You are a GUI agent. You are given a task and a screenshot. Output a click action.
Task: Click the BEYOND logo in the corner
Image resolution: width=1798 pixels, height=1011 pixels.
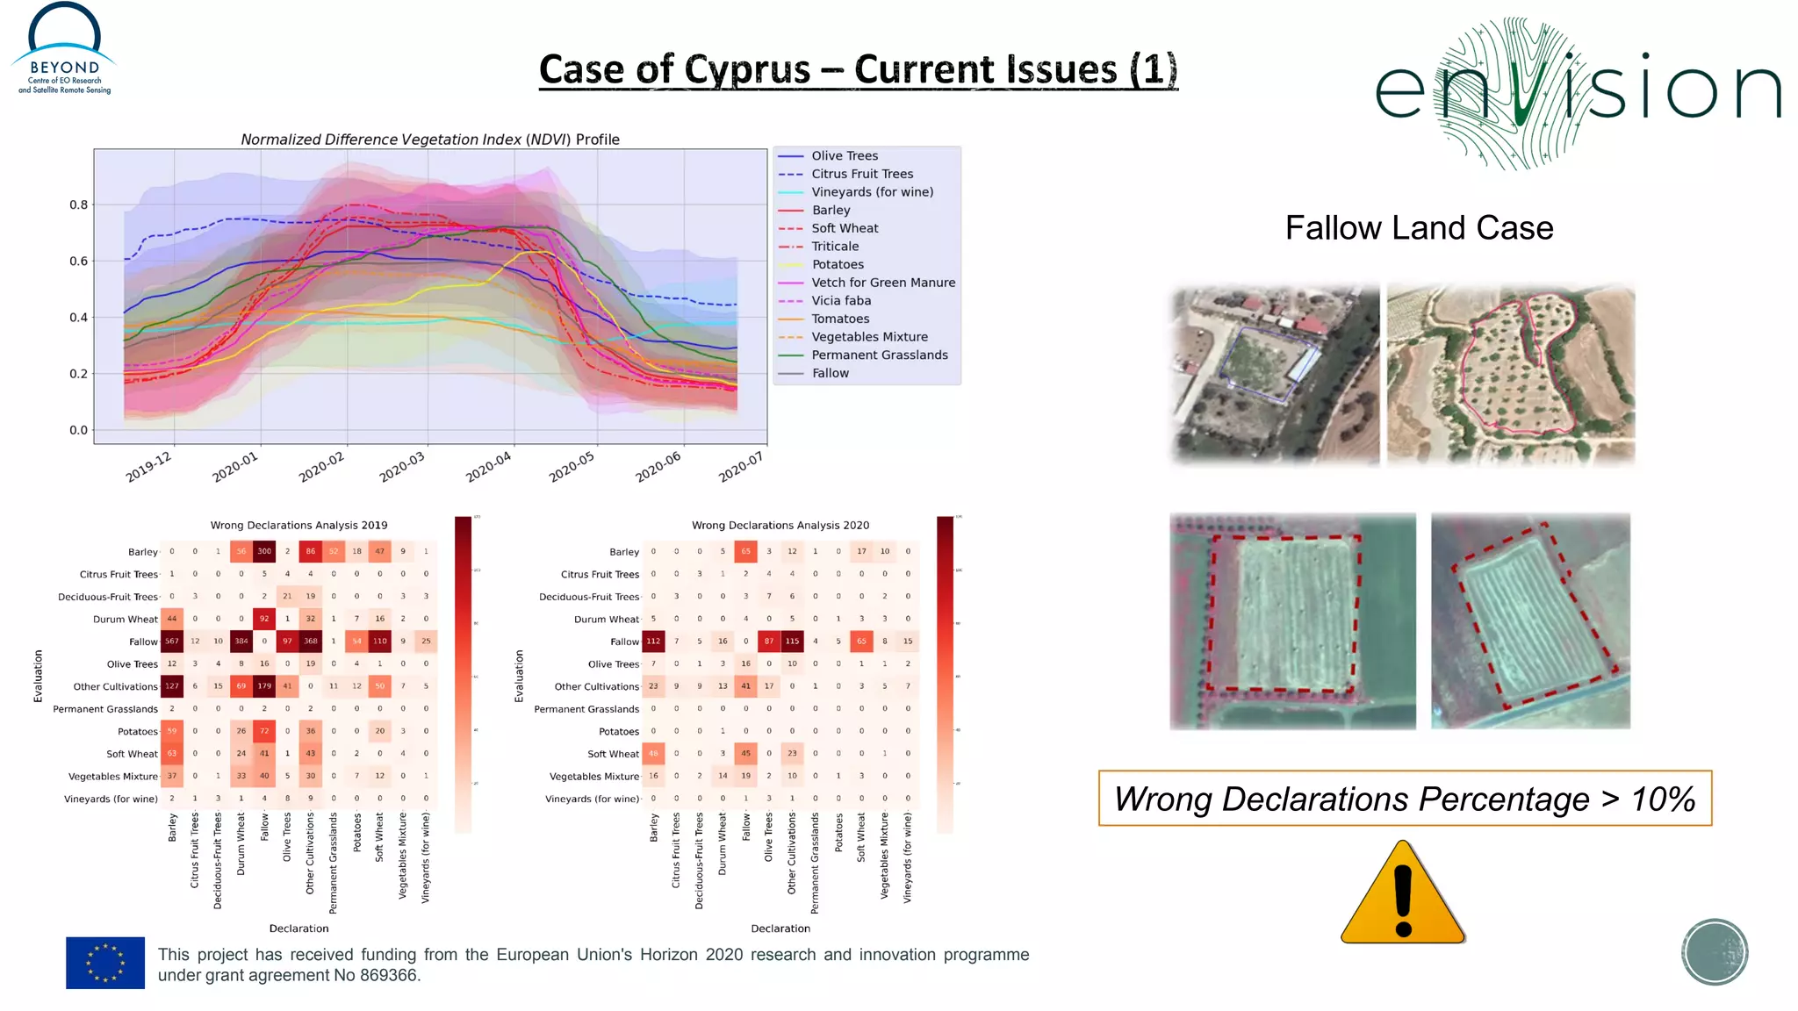coord(64,49)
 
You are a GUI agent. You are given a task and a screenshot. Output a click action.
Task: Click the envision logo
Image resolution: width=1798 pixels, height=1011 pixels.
coord(1577,92)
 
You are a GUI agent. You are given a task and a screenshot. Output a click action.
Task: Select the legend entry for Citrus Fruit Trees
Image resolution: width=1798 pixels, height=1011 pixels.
coord(861,174)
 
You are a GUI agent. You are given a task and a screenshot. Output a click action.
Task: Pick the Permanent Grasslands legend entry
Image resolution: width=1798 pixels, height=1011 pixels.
coord(879,355)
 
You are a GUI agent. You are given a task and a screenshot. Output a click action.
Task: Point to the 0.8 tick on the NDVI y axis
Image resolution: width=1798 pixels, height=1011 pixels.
coord(79,204)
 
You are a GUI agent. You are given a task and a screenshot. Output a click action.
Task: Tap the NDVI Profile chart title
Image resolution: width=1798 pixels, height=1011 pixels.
coord(430,140)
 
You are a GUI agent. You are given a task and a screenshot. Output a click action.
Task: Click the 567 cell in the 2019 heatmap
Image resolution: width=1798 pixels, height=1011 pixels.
coord(172,642)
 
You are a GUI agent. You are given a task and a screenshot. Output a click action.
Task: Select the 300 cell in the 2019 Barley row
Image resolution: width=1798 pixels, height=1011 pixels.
coord(264,551)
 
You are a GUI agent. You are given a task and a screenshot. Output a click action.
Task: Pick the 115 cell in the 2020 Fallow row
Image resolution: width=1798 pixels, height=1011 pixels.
coord(792,642)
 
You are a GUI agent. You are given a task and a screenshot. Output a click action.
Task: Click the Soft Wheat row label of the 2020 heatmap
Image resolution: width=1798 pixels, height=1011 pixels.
coord(613,754)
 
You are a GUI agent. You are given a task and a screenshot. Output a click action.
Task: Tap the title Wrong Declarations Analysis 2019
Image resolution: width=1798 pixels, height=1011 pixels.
coord(298,525)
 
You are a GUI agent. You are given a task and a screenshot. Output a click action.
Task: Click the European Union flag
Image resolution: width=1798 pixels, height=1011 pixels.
coord(105,963)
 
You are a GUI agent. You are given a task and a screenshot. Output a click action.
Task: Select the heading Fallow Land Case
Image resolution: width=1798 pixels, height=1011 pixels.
coord(1419,228)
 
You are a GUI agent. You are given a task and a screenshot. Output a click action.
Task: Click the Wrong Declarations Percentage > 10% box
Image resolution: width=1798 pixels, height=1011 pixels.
coord(1405,799)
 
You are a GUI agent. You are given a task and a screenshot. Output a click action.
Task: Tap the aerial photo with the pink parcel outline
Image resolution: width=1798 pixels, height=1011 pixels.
coord(1511,375)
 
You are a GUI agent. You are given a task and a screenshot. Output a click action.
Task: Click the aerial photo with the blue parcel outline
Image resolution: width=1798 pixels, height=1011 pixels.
coord(1275,375)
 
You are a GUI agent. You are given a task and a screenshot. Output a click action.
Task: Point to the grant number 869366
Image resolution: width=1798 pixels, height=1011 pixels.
coord(389,976)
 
